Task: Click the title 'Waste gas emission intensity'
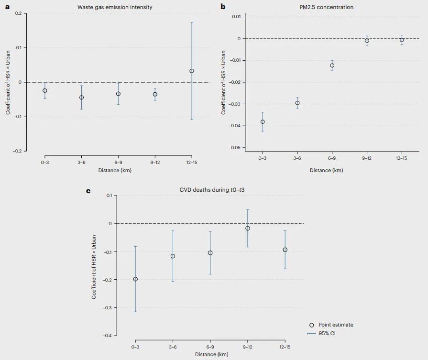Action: pos(115,7)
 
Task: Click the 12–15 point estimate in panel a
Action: pos(192,71)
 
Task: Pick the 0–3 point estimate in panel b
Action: pos(263,122)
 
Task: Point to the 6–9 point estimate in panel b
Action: pos(332,65)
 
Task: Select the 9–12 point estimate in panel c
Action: pos(248,229)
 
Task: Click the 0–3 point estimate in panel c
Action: pos(135,279)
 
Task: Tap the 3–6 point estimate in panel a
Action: pos(82,98)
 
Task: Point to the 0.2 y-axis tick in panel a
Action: pos(18,13)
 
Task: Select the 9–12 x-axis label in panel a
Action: pos(155,163)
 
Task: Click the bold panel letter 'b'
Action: pos(222,7)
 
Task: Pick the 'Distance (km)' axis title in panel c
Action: pos(211,354)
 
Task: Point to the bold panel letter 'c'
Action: pos(88,191)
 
